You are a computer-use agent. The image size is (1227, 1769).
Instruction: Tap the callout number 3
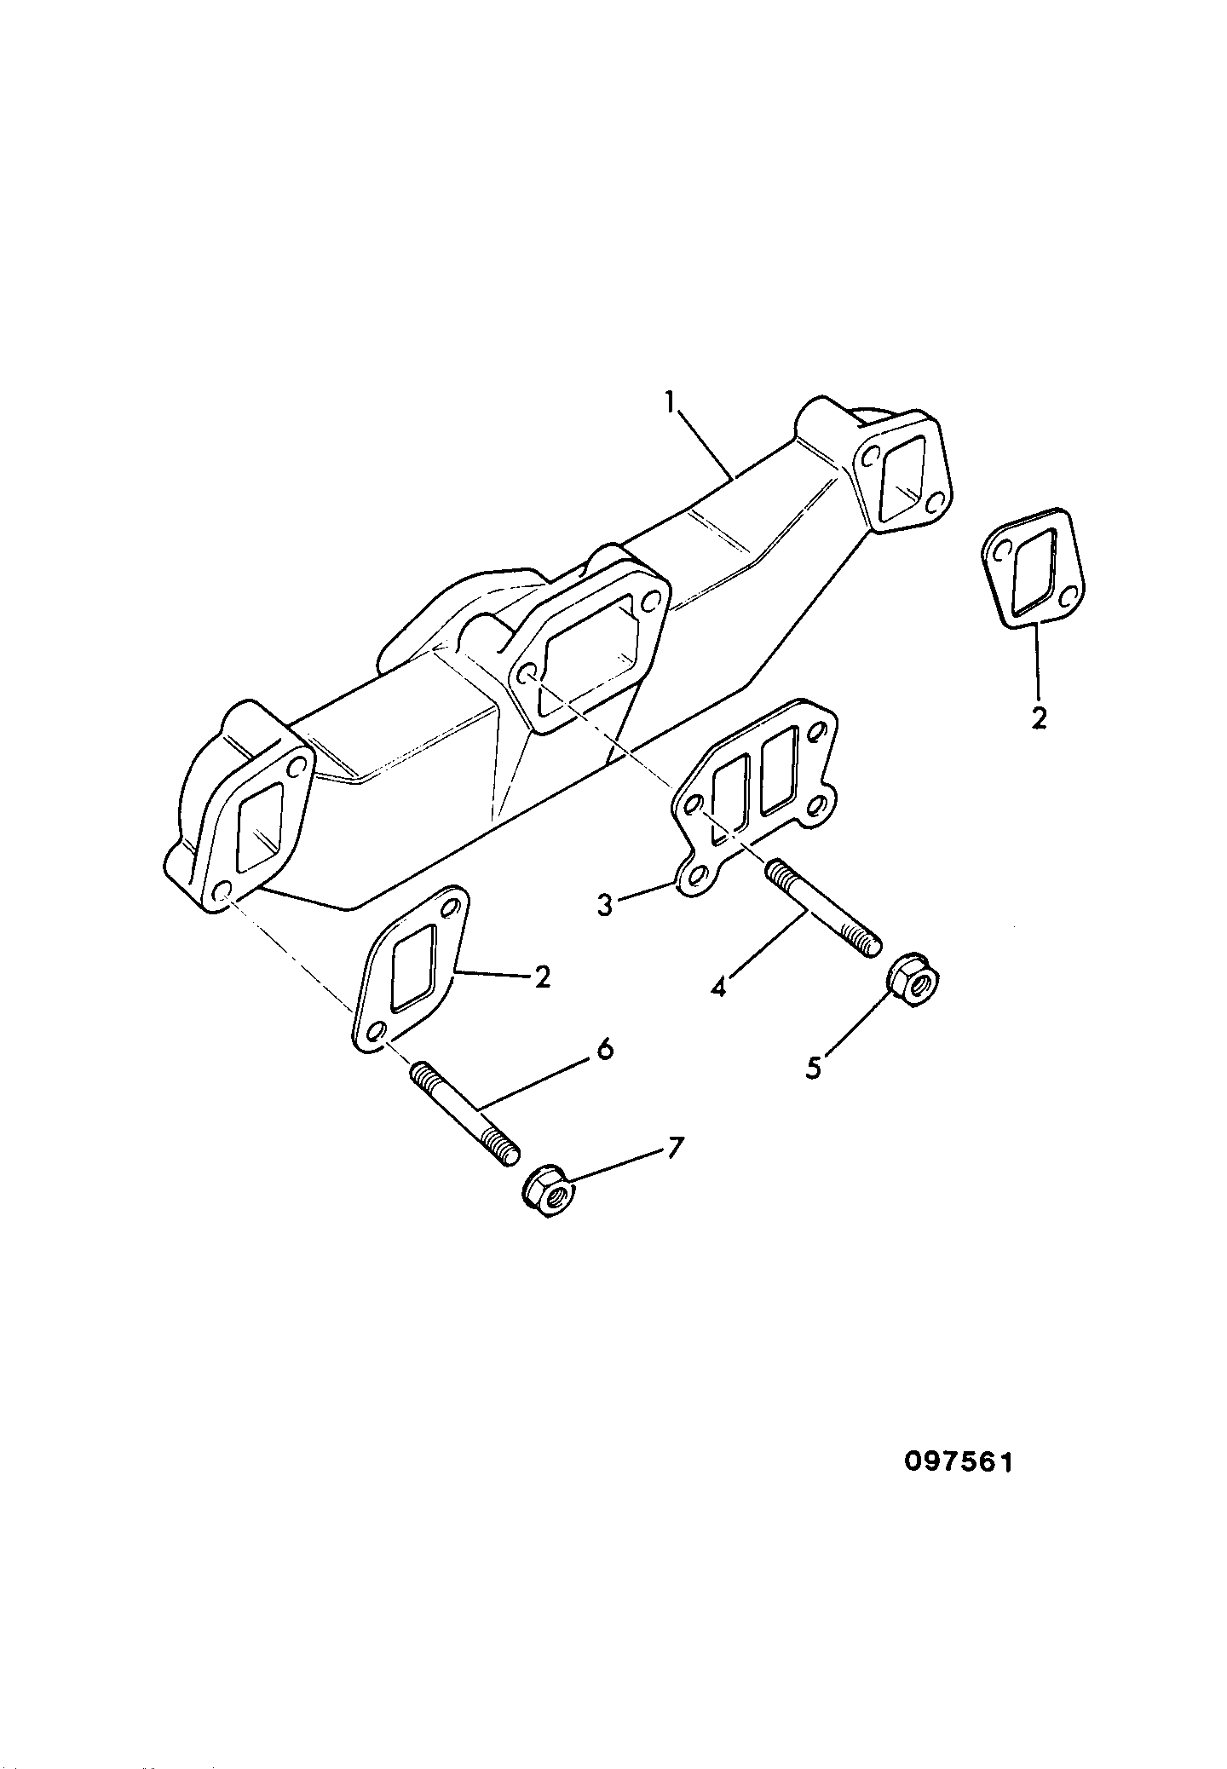coord(605,905)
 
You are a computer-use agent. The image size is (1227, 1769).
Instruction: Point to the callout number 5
coord(815,1068)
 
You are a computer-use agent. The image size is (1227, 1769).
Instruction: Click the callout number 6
coord(604,1050)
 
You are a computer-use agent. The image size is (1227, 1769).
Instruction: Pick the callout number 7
coord(674,1149)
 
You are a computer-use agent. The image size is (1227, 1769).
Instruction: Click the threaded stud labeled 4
coord(825,910)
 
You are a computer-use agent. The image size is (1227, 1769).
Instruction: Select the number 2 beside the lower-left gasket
coord(542,977)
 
